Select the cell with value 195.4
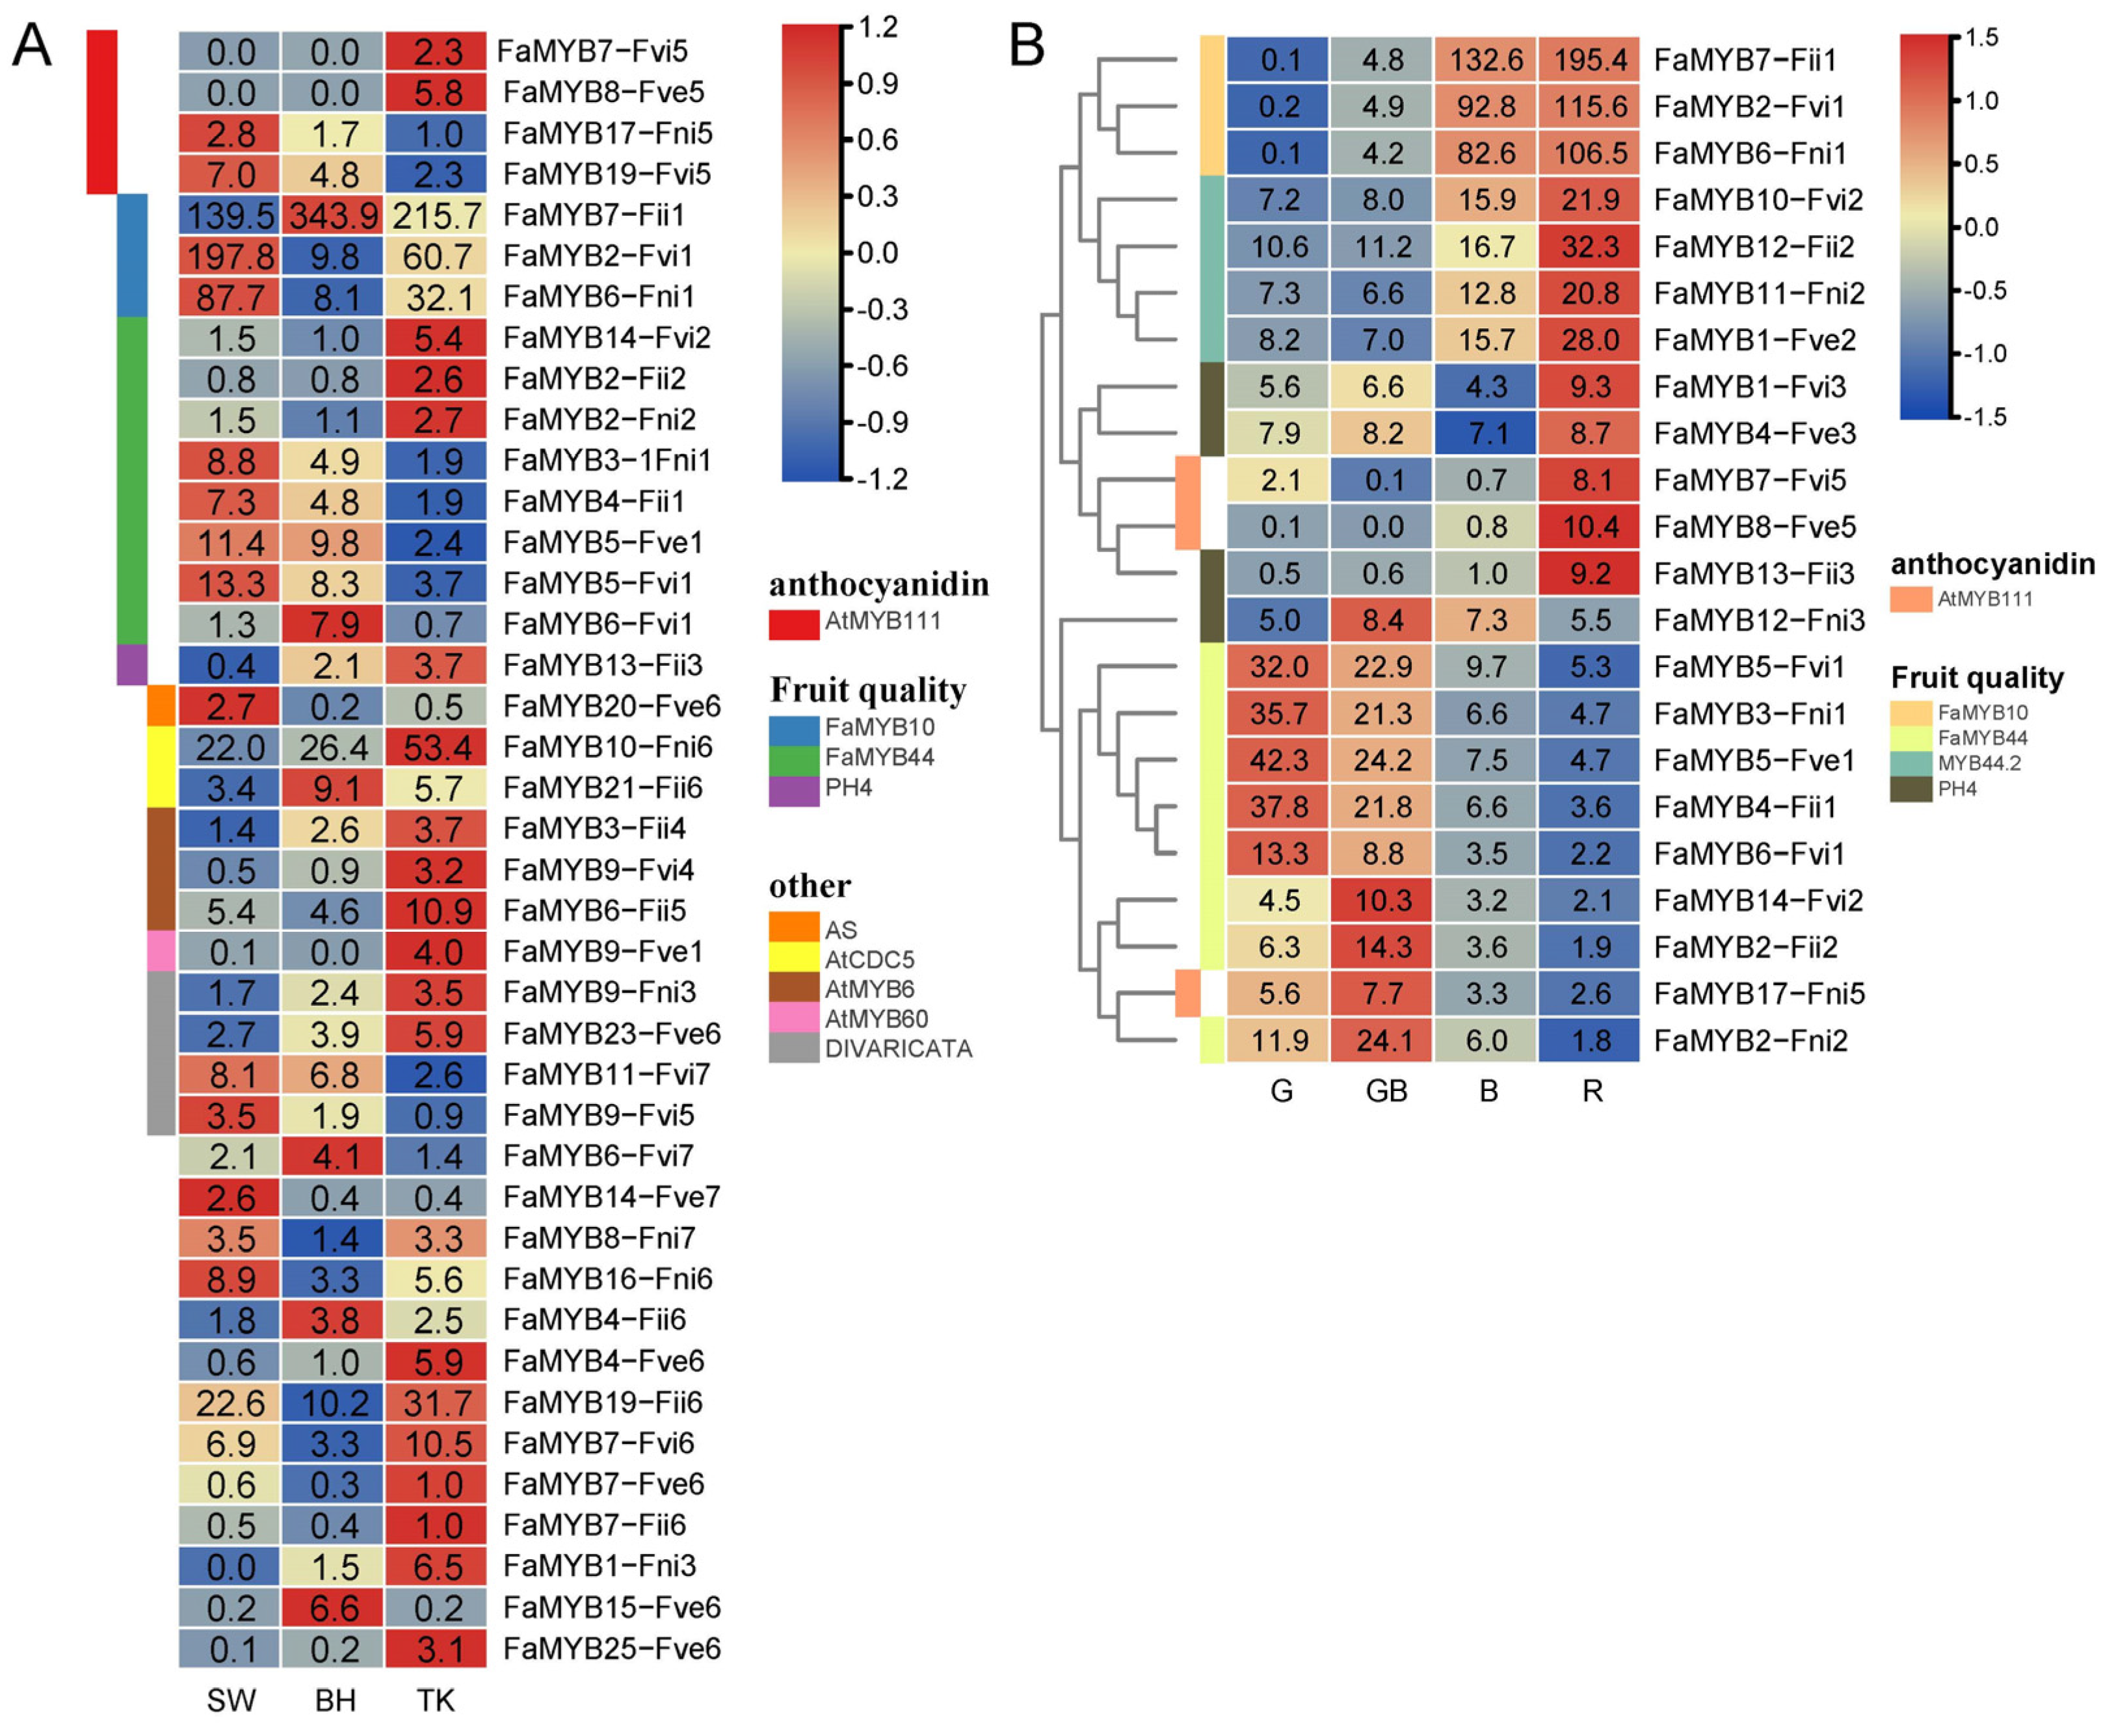(1589, 60)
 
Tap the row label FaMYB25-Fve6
(611, 1648)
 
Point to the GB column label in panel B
(1386, 1091)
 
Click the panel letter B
(1027, 46)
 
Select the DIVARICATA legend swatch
(793, 1048)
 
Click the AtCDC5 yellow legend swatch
(793, 959)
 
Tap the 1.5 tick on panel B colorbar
(1981, 38)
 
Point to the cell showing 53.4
(437, 747)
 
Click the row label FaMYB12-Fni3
(1759, 620)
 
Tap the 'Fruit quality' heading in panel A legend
(867, 690)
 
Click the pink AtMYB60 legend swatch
(793, 1018)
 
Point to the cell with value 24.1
(1384, 1040)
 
